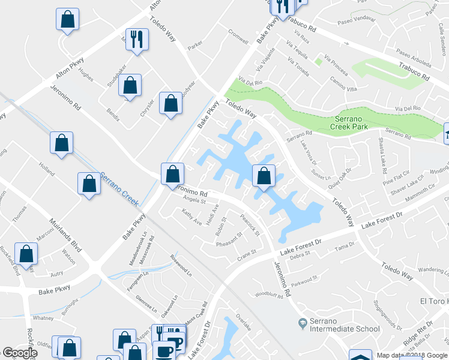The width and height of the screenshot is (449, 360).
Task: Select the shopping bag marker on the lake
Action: (264, 176)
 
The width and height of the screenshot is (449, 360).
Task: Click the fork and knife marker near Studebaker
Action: (137, 40)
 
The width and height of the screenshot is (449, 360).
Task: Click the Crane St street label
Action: (247, 254)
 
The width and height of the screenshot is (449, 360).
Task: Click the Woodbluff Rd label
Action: (268, 295)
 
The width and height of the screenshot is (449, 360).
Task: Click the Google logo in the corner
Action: (20, 353)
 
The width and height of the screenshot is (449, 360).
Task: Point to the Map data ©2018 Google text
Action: (412, 355)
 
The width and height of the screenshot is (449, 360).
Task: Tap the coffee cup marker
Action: (163, 350)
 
